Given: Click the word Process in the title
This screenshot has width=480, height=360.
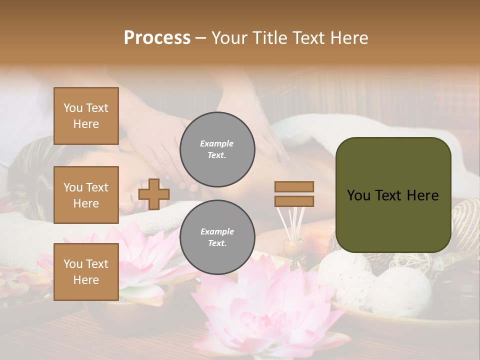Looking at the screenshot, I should click(157, 38).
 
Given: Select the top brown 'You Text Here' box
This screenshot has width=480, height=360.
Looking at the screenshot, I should click(86, 116).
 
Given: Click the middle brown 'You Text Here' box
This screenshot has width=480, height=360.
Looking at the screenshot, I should click(86, 195).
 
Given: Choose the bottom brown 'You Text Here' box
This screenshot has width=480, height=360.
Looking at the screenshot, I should click(86, 272).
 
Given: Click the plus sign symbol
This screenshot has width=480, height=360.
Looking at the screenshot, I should click(153, 194).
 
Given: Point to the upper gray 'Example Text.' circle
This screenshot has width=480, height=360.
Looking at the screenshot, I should click(217, 149).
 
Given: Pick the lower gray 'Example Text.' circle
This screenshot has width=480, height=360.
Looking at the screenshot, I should click(217, 237).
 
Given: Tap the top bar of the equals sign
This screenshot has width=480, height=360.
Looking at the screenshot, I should click(294, 186).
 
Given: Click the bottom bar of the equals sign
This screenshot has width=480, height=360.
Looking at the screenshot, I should click(294, 201).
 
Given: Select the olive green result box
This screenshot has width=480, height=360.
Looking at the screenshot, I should click(393, 195).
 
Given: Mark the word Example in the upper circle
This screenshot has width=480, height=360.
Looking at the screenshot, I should click(217, 143).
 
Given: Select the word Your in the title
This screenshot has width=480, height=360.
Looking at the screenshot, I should click(231, 38).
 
